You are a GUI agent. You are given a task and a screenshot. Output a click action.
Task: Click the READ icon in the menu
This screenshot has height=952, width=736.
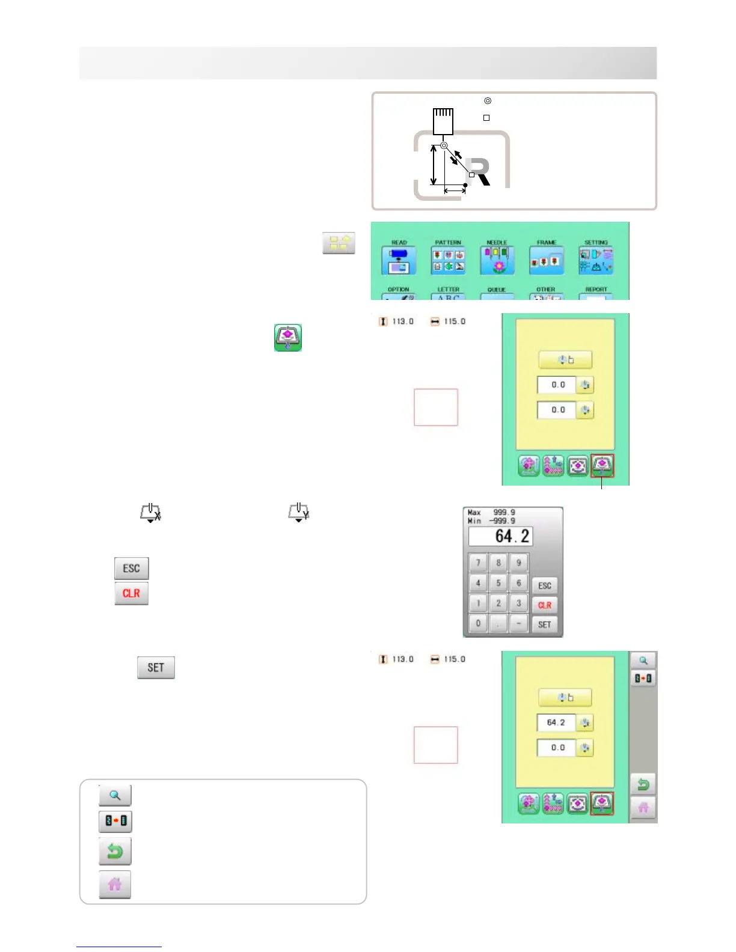(399, 260)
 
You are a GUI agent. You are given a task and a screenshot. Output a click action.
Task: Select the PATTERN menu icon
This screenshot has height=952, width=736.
(448, 260)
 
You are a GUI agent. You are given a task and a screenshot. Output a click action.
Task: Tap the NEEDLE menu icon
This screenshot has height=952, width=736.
(497, 260)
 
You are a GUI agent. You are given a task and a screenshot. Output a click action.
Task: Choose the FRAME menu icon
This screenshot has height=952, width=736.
(546, 260)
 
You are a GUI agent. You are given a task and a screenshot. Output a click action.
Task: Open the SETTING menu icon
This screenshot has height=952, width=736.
(595, 260)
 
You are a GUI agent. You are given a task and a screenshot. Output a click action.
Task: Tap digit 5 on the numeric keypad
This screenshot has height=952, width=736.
(498, 583)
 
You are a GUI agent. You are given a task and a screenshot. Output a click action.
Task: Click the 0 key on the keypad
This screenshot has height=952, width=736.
(478, 623)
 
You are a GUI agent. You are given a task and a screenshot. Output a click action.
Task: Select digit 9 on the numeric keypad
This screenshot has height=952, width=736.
(518, 563)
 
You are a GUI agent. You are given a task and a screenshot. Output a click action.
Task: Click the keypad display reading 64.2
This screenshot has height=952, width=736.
(500, 536)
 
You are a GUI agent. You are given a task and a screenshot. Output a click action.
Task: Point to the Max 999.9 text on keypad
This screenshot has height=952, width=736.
(492, 513)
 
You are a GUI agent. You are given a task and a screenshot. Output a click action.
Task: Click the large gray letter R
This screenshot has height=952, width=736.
(479, 172)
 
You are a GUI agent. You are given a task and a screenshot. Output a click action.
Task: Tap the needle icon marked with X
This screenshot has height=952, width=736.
(150, 513)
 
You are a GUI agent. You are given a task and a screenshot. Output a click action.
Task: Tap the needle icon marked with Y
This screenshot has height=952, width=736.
(299, 513)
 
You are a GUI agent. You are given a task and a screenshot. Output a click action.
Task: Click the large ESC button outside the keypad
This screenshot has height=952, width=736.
(132, 568)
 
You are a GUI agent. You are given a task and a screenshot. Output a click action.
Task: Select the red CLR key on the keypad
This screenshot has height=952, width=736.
(545, 605)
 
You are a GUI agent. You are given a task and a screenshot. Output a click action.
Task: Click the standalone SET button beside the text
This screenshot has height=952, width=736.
(156, 667)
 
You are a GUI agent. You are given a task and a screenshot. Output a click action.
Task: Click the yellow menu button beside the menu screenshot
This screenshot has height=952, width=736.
(339, 243)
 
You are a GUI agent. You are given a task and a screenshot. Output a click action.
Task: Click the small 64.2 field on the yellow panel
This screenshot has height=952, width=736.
(556, 722)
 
